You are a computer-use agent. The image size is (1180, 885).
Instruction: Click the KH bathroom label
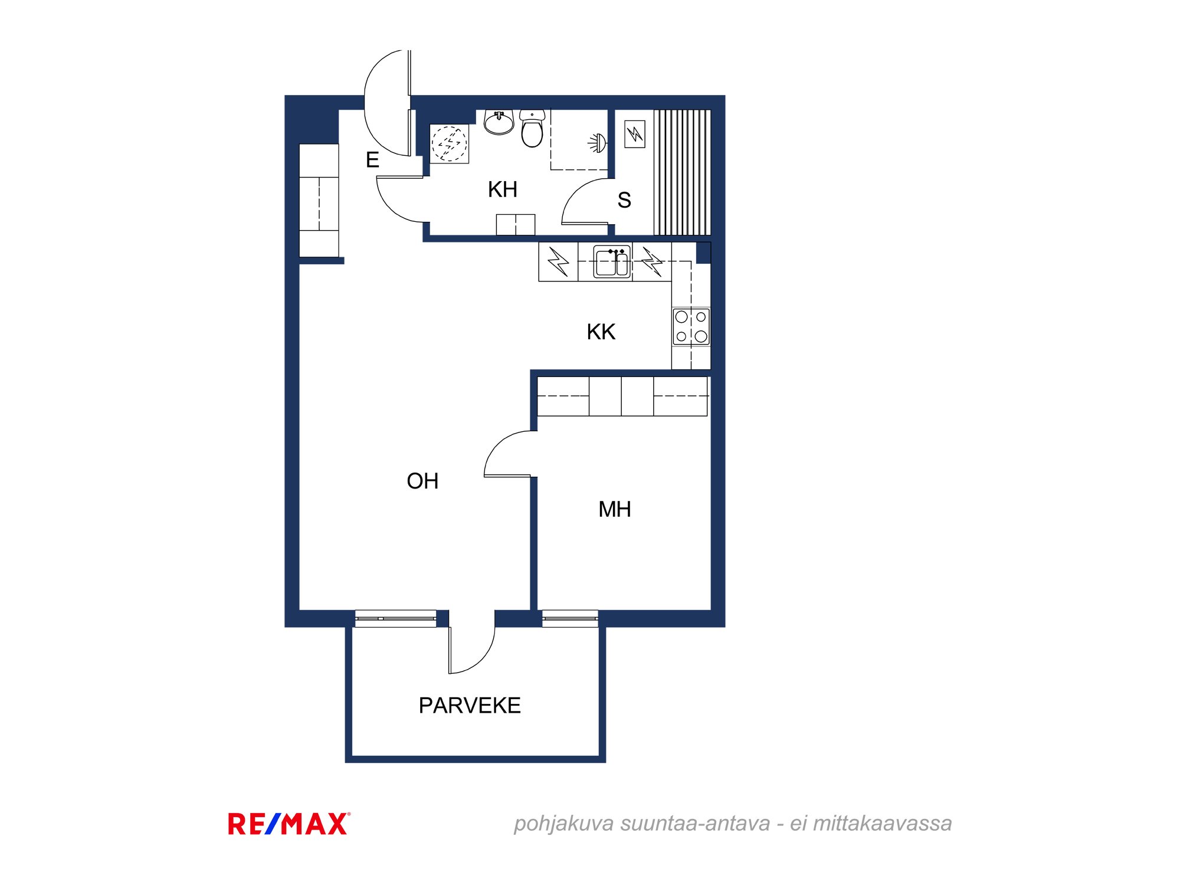[503, 189]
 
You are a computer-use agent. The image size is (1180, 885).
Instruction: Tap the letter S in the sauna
[624, 201]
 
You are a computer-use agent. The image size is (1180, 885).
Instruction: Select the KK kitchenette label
[601, 332]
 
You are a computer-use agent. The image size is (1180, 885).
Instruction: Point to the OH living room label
[422, 481]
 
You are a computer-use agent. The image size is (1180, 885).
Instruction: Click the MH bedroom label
[615, 510]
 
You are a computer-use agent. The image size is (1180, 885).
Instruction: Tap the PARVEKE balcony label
[470, 706]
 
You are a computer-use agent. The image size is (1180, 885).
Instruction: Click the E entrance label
[372, 160]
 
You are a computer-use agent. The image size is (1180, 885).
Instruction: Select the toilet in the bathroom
[532, 128]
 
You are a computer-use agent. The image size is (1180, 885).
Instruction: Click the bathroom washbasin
[499, 122]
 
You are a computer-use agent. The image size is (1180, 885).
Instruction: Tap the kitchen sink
[612, 261]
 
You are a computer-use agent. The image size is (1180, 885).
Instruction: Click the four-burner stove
[691, 326]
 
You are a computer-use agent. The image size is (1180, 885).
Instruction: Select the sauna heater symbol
[635, 134]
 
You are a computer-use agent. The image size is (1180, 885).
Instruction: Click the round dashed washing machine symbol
[449, 143]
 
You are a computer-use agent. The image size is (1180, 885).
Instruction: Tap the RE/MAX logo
[289, 824]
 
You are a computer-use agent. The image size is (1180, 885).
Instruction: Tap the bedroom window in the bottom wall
[570, 618]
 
